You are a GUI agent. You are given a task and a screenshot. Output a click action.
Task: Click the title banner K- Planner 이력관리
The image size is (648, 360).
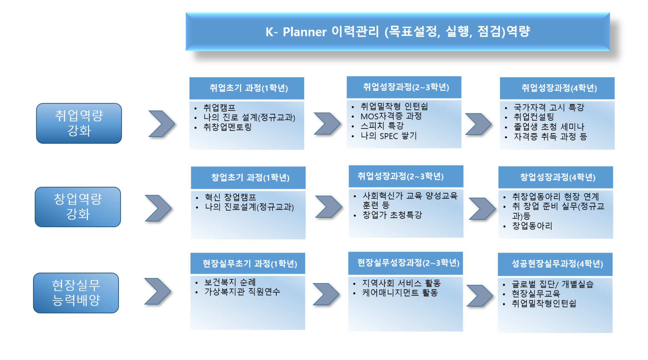click(x=398, y=31)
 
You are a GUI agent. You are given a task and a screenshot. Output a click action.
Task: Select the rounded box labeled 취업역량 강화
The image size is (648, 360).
click(x=79, y=123)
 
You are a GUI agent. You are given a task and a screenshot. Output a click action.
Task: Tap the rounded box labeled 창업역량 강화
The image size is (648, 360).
click(x=78, y=207)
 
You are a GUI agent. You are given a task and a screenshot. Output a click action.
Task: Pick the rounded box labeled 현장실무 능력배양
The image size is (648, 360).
click(x=76, y=293)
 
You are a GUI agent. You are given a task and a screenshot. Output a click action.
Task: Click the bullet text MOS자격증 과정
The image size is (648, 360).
click(x=391, y=116)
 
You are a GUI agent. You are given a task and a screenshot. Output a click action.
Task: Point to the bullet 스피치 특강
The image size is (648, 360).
click(x=382, y=126)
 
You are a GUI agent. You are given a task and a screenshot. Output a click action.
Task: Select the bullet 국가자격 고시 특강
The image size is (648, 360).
click(x=549, y=107)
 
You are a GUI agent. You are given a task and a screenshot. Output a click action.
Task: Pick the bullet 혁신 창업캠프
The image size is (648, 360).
click(x=230, y=197)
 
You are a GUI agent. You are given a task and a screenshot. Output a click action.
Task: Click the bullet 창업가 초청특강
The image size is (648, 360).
click(x=392, y=215)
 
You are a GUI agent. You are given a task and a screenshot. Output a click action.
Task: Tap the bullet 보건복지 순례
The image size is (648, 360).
click(x=230, y=282)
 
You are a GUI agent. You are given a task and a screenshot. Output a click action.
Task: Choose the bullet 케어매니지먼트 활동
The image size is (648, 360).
click(x=400, y=293)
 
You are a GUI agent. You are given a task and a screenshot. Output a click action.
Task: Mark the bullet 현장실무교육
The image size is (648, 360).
click(x=536, y=294)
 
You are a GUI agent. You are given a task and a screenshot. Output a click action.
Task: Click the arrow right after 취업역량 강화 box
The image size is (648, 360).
click(x=162, y=124)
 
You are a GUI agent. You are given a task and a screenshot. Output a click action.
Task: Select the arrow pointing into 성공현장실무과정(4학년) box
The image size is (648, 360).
click(x=480, y=295)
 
